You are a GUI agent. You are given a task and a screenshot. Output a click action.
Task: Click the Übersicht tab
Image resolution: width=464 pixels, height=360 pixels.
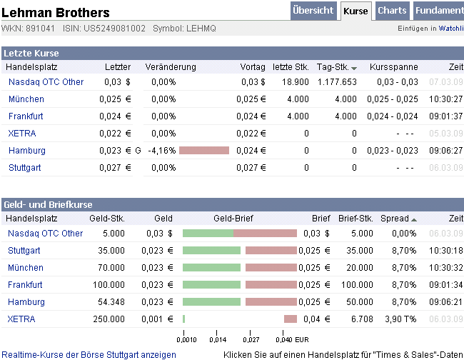point(313,11)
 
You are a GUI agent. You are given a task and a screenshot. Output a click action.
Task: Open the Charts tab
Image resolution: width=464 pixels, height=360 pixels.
point(392,11)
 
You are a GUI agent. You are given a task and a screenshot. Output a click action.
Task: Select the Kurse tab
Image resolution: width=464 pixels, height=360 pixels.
point(355,11)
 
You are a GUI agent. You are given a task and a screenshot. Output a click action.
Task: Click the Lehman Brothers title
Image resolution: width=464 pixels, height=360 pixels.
point(56,13)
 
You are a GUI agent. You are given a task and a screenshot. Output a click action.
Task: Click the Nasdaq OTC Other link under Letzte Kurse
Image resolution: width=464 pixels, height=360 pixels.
point(46,82)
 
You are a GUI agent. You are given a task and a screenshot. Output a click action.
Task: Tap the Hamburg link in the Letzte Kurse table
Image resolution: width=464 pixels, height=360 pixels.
point(27,151)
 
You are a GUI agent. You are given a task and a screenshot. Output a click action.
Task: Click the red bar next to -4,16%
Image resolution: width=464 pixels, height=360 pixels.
point(204,151)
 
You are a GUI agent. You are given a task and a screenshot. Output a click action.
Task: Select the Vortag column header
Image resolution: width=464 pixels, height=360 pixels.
point(253,66)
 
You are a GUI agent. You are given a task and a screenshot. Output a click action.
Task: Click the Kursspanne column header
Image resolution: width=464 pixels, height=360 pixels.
point(389,66)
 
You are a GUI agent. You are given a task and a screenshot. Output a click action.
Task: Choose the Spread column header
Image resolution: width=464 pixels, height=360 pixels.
point(394,219)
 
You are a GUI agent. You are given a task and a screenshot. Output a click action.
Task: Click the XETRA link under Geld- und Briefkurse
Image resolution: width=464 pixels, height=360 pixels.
point(21,319)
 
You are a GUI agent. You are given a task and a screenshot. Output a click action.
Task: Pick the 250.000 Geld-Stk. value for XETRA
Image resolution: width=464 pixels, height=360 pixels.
point(109,319)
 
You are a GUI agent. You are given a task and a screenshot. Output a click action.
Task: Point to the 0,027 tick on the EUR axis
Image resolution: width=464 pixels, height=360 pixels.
point(251,340)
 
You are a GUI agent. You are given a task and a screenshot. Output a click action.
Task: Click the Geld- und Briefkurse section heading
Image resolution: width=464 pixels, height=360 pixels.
point(47,204)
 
